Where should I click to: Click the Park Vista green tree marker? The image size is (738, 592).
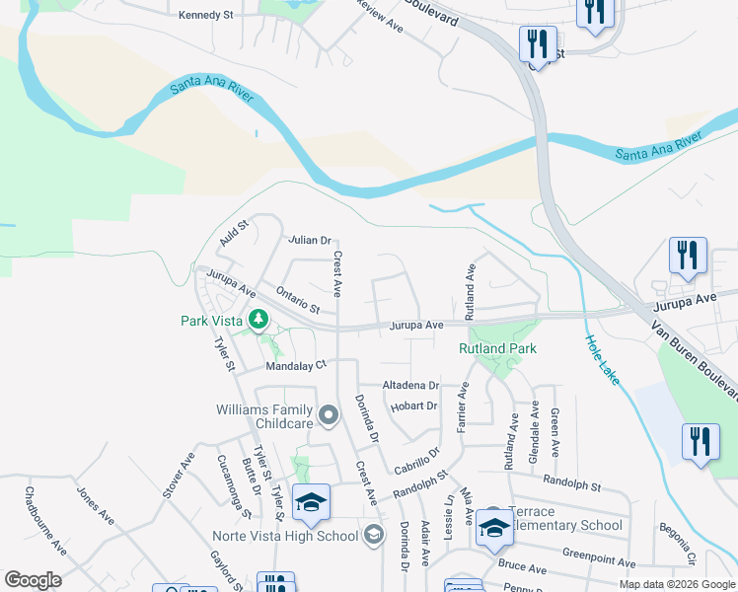(x=258, y=319)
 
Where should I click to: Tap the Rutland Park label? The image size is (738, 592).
(x=496, y=349)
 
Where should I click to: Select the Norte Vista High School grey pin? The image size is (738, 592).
(x=373, y=536)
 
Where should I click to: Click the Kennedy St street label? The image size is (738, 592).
(x=205, y=16)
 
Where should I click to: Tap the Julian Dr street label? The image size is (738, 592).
(x=309, y=240)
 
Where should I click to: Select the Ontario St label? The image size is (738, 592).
(x=298, y=300)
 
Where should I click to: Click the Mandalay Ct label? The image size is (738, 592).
(x=296, y=365)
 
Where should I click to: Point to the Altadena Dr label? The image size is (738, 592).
(x=410, y=386)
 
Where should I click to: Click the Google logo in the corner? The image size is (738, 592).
(x=32, y=580)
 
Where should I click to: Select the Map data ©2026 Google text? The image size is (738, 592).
(x=676, y=585)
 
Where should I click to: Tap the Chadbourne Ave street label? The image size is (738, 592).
(x=45, y=521)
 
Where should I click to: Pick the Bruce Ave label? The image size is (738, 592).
(x=522, y=568)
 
